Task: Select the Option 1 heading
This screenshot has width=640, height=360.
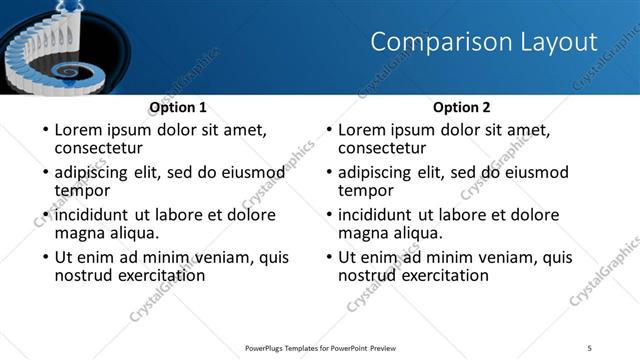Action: pos(178,107)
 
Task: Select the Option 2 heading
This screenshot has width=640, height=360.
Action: pos(461,107)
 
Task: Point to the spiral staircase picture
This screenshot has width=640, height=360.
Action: pos(50,50)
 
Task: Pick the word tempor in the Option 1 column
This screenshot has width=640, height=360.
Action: pos(82,190)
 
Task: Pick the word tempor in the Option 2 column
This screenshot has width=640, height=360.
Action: pos(365,190)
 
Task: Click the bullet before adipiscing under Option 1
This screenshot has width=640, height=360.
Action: pos(44,173)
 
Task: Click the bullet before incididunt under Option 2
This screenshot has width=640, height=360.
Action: pos(327,216)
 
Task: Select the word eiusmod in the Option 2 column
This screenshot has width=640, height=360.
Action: pos(533,173)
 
